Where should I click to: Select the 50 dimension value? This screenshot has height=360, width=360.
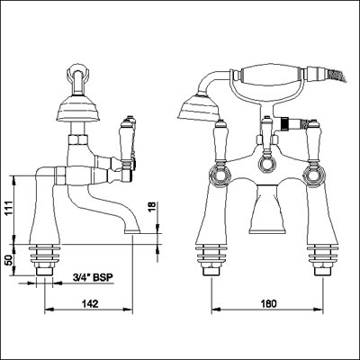click(9, 260)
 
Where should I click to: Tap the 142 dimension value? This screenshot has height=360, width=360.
click(90, 303)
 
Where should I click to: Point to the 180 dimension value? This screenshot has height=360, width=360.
click(267, 303)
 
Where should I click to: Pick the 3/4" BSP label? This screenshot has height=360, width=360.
click(93, 278)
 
